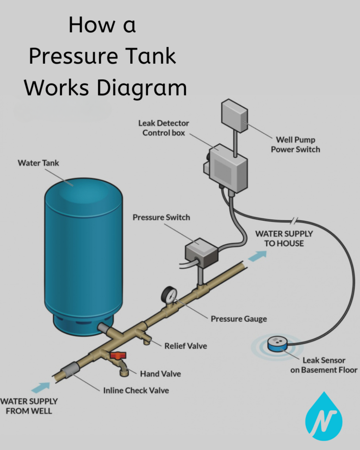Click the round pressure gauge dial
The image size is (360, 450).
(x=168, y=295)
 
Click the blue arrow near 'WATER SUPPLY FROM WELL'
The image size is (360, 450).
(x=43, y=387)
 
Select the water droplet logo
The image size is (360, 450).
(x=324, y=414)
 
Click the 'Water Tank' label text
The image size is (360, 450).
(x=38, y=163)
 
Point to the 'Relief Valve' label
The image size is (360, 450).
(x=186, y=346)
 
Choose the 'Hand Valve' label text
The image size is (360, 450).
(x=160, y=374)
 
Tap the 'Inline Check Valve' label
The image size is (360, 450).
(x=136, y=390)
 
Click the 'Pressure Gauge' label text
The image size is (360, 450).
(x=239, y=319)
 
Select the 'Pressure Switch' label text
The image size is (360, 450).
(x=161, y=217)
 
